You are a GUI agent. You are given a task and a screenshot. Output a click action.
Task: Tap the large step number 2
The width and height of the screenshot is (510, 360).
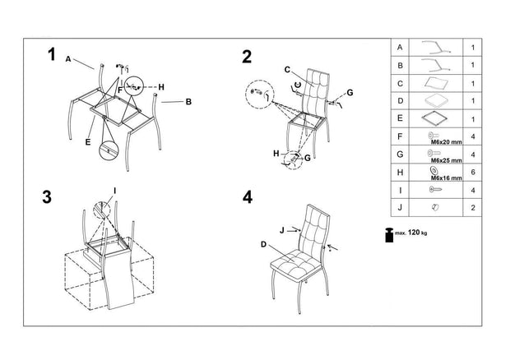coord(248,56)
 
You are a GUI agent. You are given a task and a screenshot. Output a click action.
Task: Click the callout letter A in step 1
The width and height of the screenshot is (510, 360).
coord(68,58)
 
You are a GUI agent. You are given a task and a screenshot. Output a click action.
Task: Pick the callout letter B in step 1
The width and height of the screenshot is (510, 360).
coord(188,102)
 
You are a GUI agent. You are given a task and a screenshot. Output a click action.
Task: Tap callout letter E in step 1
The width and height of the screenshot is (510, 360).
coord(86,141)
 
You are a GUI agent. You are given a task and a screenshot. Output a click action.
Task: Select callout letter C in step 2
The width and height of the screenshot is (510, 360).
coord(287,69)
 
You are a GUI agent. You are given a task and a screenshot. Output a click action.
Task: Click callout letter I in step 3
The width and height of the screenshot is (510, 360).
coord(114,191)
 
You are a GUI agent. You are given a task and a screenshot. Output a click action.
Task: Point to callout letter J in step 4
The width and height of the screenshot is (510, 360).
coord(281,230)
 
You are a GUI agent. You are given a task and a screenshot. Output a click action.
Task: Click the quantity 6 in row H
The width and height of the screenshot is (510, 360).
coord(473,173)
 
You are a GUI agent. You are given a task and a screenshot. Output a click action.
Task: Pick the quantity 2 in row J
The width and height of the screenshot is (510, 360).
coord(473,209)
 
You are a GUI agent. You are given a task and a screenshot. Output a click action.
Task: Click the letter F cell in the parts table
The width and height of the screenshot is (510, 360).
coord(399,136)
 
